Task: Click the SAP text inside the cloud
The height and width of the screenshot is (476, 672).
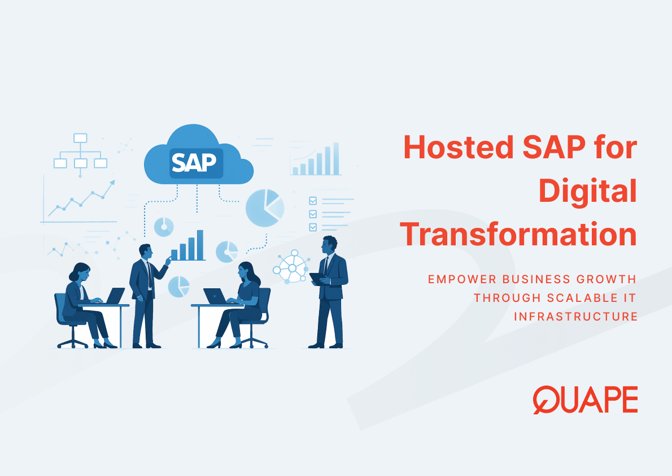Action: coord(194,162)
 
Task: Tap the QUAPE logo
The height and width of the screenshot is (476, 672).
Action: coord(585,400)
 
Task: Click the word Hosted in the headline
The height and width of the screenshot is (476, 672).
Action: coord(458,147)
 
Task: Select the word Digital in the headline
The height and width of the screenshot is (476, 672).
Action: coord(587,192)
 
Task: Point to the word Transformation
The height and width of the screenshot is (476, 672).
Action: coord(518,234)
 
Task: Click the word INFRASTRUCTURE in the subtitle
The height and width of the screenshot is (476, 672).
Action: coord(575,317)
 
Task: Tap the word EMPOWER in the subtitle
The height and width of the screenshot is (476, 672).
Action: coord(462,279)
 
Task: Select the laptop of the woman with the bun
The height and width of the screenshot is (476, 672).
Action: coord(115,296)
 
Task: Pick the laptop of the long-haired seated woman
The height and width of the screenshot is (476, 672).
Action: coord(215,296)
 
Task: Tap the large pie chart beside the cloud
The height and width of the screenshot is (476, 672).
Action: coord(264,208)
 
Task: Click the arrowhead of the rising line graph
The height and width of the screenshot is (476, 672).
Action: coord(112,183)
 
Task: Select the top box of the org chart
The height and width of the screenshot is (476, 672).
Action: coord(81,138)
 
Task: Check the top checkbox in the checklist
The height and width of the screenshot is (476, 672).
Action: coord(313,201)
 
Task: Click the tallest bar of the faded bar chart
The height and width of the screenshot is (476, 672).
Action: coord(336,159)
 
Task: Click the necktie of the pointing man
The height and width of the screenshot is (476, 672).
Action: coord(149,274)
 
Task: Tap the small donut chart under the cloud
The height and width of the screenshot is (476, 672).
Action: coord(164,227)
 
